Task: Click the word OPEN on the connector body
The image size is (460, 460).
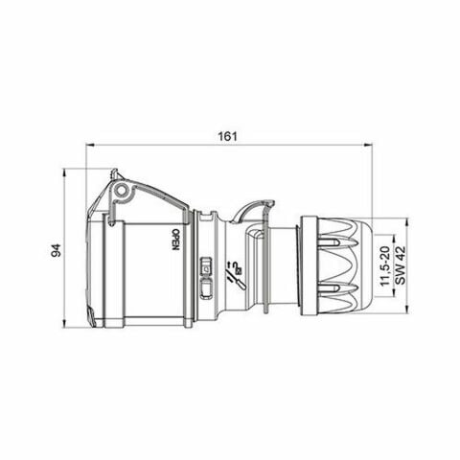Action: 175,239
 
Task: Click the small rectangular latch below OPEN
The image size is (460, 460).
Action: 203,270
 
